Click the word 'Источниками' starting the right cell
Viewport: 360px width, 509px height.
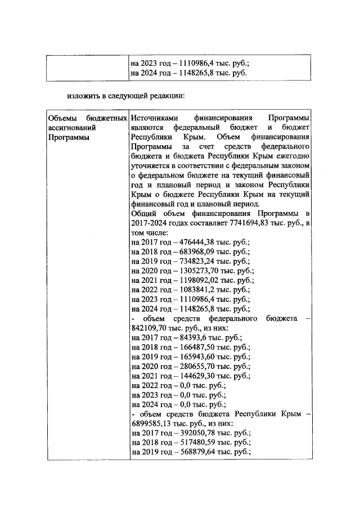[x=154, y=119]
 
